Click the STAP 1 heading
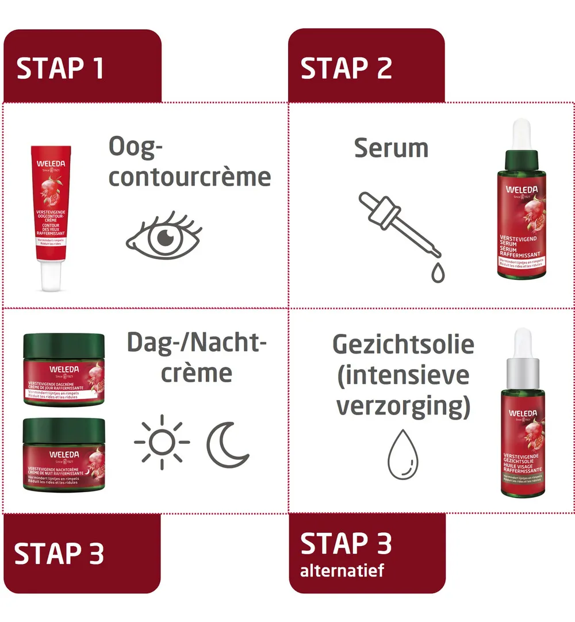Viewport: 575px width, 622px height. [60, 68]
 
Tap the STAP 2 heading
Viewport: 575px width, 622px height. [346, 68]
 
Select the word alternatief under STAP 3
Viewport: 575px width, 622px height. [342, 571]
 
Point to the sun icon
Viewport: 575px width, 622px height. [162, 441]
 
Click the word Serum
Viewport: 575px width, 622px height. [391, 148]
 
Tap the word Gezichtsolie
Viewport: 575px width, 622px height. [403, 344]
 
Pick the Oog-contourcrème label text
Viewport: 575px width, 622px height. [189, 162]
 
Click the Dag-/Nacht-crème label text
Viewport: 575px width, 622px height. [197, 358]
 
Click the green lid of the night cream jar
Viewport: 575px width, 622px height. [64, 429]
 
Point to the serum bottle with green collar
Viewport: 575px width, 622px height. [522, 218]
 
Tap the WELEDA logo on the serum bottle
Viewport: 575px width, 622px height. [522, 189]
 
